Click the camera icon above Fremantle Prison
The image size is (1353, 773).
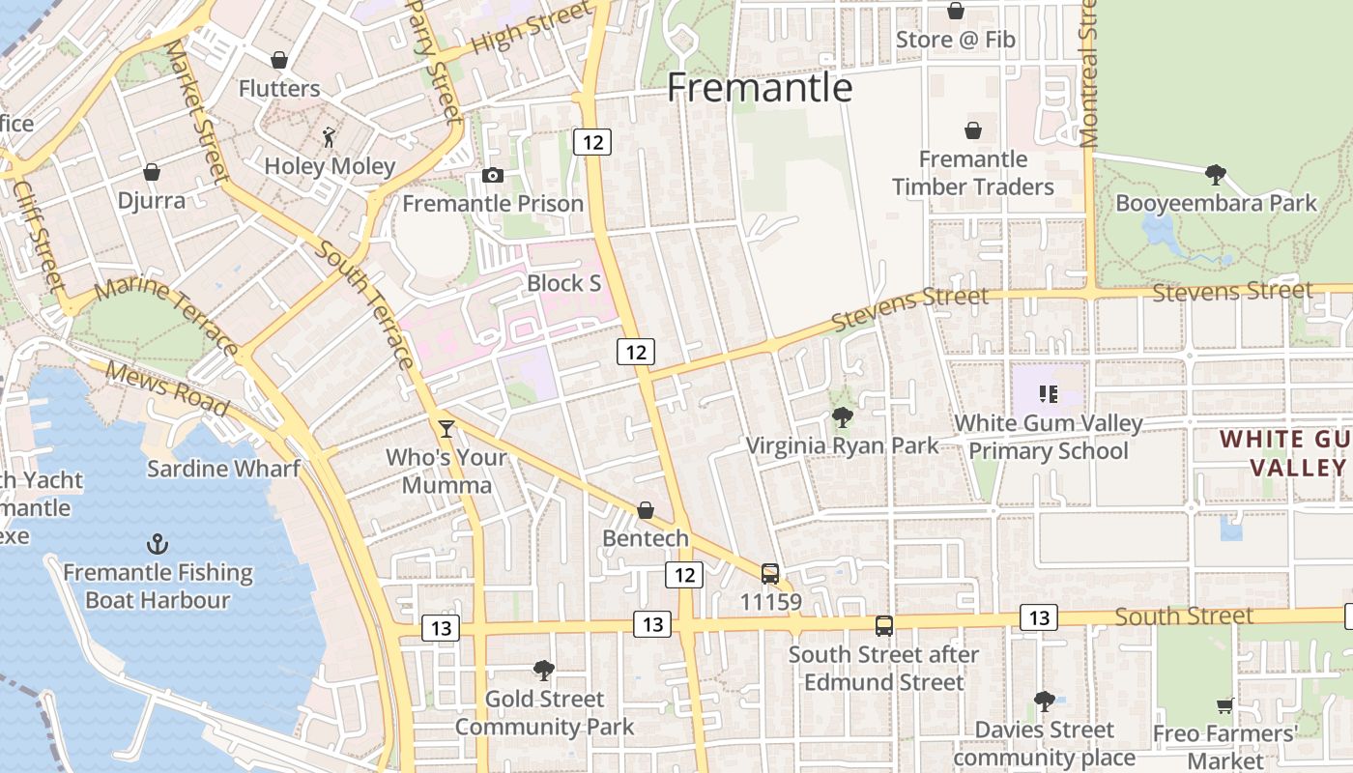pyautogui.click(x=493, y=175)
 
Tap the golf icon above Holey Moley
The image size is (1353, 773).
pyautogui.click(x=330, y=137)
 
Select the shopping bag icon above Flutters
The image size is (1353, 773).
pyautogui.click(x=279, y=60)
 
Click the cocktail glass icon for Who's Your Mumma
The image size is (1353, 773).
pyautogui.click(x=446, y=428)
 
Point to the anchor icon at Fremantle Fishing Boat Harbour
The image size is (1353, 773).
pyautogui.click(x=158, y=544)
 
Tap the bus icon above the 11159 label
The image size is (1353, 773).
pyautogui.click(x=770, y=574)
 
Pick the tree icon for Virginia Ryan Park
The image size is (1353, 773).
pyautogui.click(x=843, y=417)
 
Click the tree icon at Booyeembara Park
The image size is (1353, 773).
pyautogui.click(x=1216, y=175)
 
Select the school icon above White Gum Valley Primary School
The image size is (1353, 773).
pyautogui.click(x=1049, y=394)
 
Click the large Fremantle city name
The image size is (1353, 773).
pyautogui.click(x=760, y=88)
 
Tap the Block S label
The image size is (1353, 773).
pyautogui.click(x=564, y=283)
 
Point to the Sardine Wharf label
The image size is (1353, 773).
pyautogui.click(x=223, y=469)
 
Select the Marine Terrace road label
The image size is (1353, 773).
pyautogui.click(x=167, y=312)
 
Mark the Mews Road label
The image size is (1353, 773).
pyautogui.click(x=167, y=387)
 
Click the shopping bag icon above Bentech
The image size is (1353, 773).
pyautogui.click(x=646, y=510)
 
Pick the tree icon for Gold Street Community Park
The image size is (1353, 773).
pyautogui.click(x=544, y=670)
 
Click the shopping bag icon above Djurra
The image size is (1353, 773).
pyautogui.click(x=152, y=172)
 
